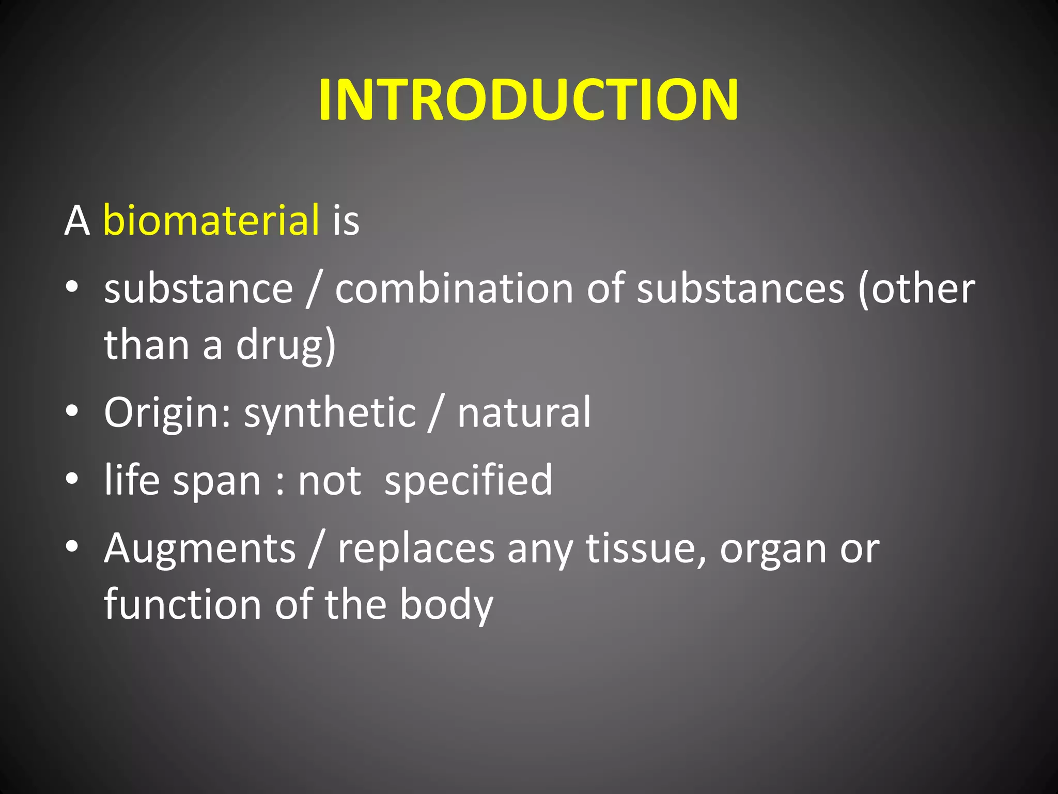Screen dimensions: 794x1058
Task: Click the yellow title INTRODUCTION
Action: [528, 100]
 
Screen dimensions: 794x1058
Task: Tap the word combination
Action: [454, 288]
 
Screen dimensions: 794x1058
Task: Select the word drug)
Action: [286, 345]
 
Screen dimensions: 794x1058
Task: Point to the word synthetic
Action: [330, 413]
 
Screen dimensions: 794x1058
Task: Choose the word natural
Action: [524, 413]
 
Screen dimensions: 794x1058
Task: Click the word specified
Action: [468, 480]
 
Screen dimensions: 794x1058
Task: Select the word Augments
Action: [200, 548]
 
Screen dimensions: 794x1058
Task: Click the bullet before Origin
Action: [72, 411]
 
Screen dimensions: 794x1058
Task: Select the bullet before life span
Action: [72, 479]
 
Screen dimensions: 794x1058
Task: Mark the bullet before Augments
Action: [72, 546]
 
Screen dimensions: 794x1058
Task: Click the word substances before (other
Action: [740, 288]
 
